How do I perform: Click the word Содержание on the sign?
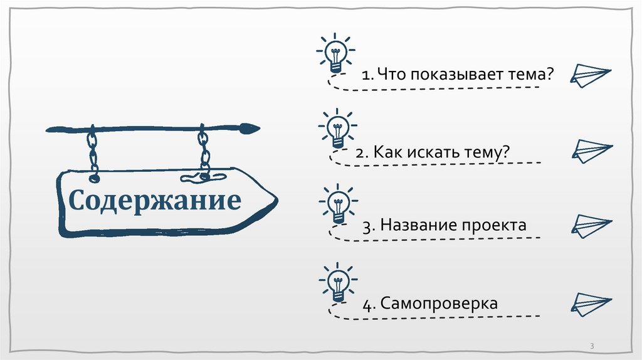[x=154, y=201]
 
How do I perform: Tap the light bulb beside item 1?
[x=336, y=55]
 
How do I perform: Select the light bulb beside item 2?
[x=338, y=130]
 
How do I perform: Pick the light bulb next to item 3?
[x=338, y=204]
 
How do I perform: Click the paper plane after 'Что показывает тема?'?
[x=590, y=75]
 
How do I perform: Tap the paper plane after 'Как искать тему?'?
[x=591, y=151]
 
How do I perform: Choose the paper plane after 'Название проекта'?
[x=591, y=225]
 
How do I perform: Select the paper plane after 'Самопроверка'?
[x=590, y=302]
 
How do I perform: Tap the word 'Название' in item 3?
[x=417, y=225]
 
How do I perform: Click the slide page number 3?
[x=592, y=347]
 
